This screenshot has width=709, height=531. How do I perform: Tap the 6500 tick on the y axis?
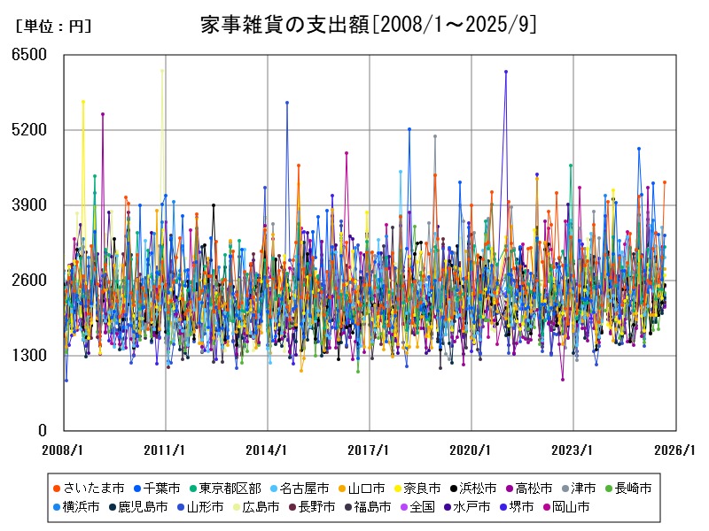click(29, 55)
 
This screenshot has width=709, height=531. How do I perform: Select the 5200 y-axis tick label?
click(29, 130)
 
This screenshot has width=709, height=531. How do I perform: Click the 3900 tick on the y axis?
click(29, 205)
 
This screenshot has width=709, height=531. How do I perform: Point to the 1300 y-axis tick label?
click(29, 356)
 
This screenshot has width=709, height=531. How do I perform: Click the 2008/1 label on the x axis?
click(64, 450)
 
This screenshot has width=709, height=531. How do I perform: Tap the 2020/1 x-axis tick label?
click(471, 450)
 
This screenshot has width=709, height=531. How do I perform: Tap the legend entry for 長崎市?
click(634, 488)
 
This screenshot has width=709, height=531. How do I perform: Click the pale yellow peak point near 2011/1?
click(162, 70)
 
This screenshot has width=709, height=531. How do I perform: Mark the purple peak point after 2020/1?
click(506, 72)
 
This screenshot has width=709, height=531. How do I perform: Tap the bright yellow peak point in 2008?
click(83, 102)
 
